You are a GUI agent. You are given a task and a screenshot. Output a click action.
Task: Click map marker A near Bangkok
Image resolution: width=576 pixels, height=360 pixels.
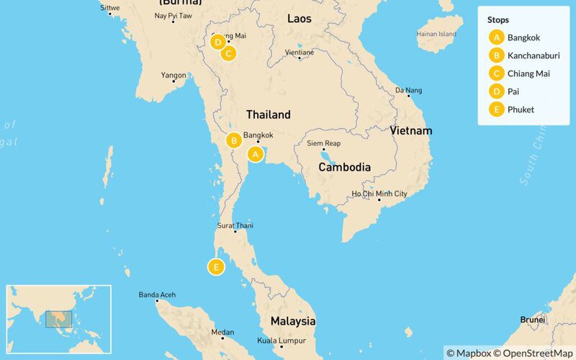point(255,153)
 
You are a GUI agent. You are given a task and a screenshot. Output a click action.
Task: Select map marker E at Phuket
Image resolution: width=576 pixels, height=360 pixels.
point(215,267)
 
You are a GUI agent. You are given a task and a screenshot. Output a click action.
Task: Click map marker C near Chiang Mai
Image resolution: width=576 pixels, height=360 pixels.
point(228,53)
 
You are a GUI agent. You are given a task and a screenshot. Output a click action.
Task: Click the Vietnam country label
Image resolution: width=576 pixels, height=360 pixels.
point(411,130)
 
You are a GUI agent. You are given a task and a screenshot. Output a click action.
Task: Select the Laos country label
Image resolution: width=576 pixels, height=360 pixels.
point(299,19)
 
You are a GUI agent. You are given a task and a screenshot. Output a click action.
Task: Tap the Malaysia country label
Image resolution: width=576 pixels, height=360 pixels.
point(293,320)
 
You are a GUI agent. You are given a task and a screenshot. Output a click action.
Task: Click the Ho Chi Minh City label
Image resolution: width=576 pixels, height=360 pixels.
point(379,194)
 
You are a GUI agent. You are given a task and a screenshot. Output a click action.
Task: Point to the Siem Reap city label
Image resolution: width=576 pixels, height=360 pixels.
point(323,143)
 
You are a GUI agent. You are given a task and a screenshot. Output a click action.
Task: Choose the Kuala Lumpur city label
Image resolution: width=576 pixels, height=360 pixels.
point(282,341)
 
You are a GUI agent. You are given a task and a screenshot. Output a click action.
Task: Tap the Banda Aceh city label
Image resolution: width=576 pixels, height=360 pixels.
point(157,294)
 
